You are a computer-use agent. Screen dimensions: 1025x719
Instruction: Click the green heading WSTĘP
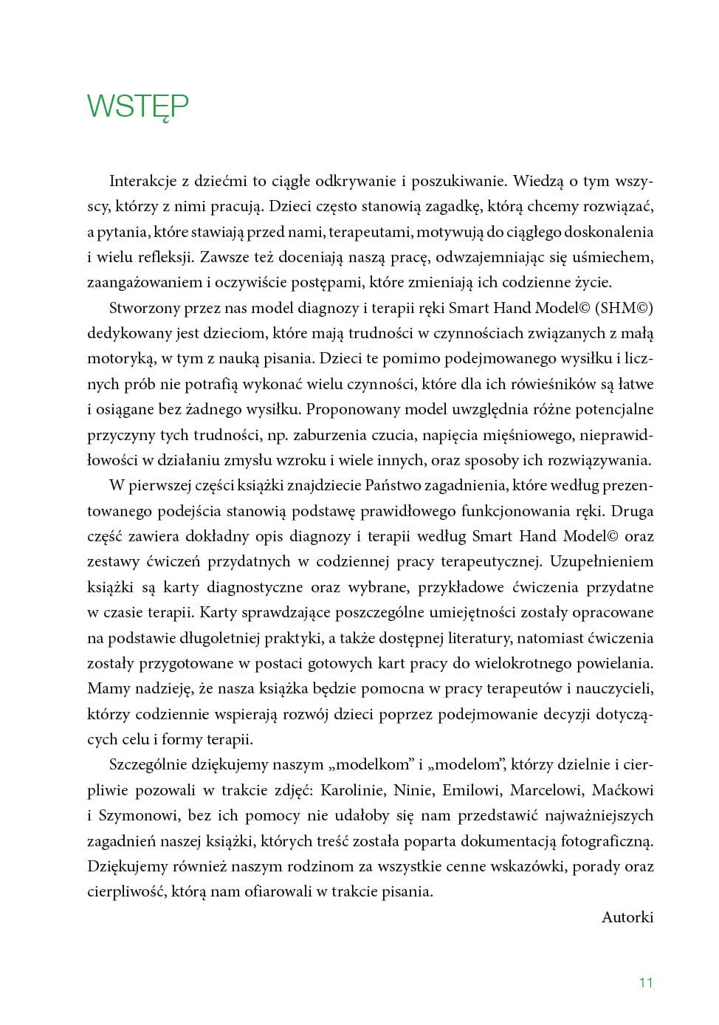point(138,107)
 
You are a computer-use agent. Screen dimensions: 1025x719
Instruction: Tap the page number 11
point(646,982)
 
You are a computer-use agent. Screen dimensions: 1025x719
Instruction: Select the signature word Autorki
point(627,917)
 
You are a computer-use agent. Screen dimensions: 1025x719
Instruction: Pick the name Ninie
point(413,790)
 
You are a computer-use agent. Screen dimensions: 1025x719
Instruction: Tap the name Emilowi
point(471,790)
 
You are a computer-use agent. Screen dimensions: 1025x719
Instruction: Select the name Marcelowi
point(546,790)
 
